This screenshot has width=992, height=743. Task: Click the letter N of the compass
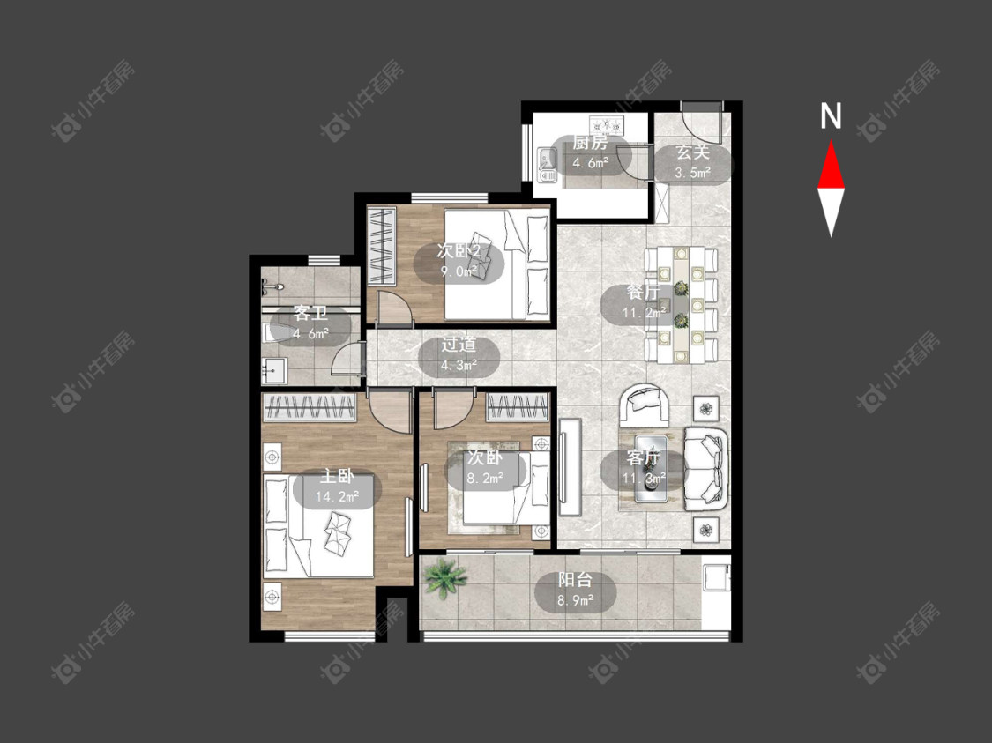pyautogui.click(x=831, y=116)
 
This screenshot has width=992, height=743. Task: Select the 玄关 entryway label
pyautogui.click(x=693, y=152)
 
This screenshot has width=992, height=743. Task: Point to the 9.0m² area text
pyautogui.click(x=459, y=272)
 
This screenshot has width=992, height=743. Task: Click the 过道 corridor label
pyautogui.click(x=459, y=345)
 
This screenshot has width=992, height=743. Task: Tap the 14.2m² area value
pyautogui.click(x=337, y=497)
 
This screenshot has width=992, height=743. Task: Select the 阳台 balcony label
pyautogui.click(x=575, y=579)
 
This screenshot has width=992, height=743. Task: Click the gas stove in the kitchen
pyautogui.click(x=607, y=124)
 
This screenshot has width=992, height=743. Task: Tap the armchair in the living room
pyautogui.click(x=646, y=405)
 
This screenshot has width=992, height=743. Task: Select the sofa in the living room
pyautogui.click(x=705, y=469)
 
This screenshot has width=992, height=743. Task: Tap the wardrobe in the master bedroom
pyautogui.click(x=310, y=408)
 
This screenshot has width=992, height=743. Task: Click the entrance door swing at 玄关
pyautogui.click(x=702, y=124)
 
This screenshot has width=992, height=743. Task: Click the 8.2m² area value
pyautogui.click(x=485, y=478)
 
